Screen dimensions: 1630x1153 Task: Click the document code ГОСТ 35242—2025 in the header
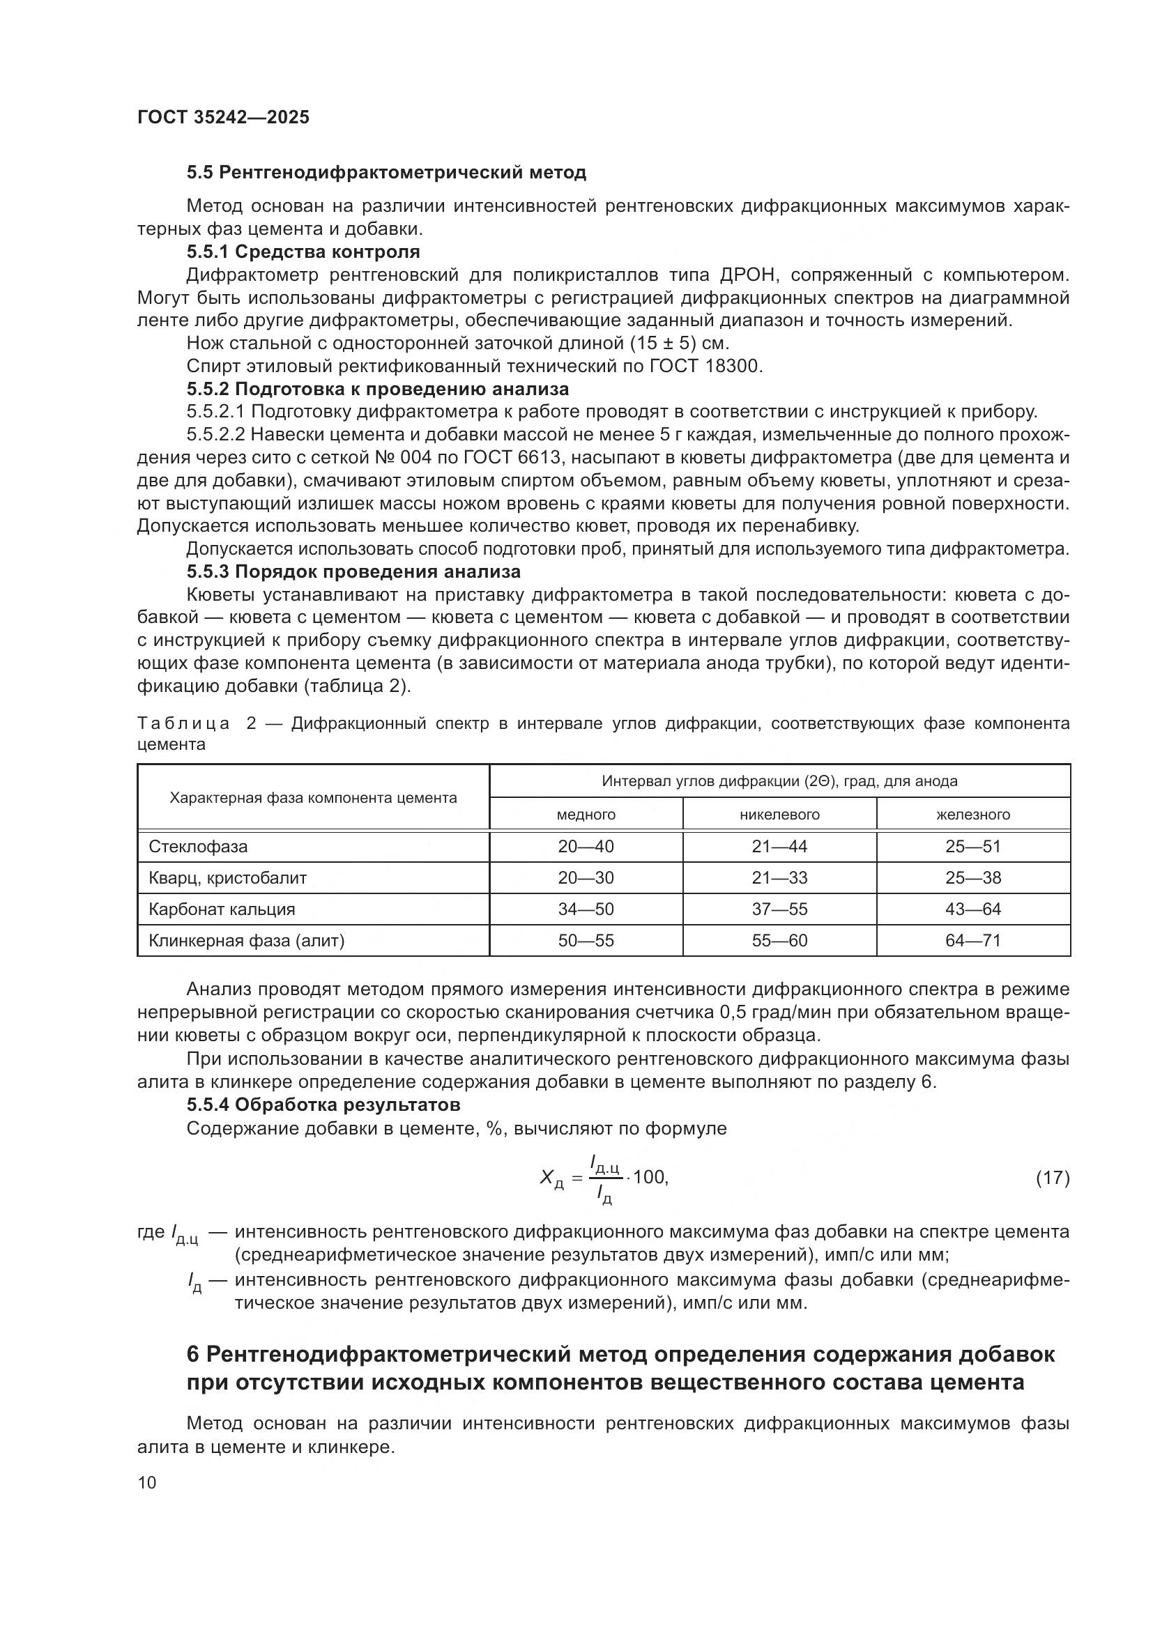tap(224, 117)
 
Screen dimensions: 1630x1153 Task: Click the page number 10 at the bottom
tap(147, 1482)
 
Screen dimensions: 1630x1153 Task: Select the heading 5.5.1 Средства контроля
tap(303, 252)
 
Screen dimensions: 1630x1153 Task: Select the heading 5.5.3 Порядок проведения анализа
tap(353, 571)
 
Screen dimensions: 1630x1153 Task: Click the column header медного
tap(586, 814)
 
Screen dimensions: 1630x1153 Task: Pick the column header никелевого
tap(779, 814)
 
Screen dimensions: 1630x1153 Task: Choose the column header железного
tap(972, 814)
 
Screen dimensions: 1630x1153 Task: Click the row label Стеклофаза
tap(198, 846)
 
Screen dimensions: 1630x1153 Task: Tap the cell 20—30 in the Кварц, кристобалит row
tap(586, 877)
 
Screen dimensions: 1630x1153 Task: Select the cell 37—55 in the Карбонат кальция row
tap(779, 909)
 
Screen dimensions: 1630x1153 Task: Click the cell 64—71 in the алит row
tap(972, 940)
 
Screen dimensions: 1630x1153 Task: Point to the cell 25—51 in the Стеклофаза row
tap(972, 846)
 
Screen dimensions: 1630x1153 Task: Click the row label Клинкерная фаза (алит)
tap(246, 941)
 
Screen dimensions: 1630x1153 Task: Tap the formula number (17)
tap(1052, 1178)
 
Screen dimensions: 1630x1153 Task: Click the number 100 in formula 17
tap(649, 1177)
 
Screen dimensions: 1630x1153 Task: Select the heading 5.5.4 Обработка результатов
tap(323, 1105)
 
